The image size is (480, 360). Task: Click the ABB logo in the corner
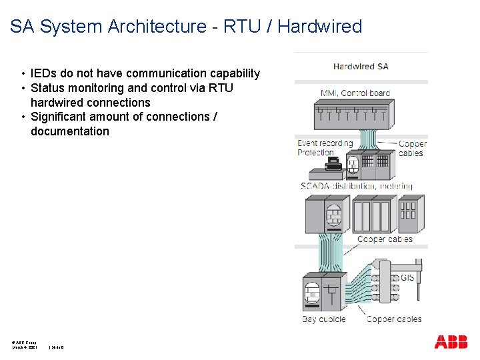(451, 342)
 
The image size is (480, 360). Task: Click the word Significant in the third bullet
(59, 117)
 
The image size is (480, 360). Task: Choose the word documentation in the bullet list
(70, 131)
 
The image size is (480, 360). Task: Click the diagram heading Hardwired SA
(361, 66)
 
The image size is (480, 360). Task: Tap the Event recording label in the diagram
(325, 143)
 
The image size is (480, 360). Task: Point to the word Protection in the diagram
(315, 153)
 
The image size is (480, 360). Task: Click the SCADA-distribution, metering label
(357, 187)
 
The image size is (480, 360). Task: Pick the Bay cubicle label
(324, 319)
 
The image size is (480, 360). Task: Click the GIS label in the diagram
(407, 277)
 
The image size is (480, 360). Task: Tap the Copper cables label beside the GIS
(394, 319)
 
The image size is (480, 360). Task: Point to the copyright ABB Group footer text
(25, 342)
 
